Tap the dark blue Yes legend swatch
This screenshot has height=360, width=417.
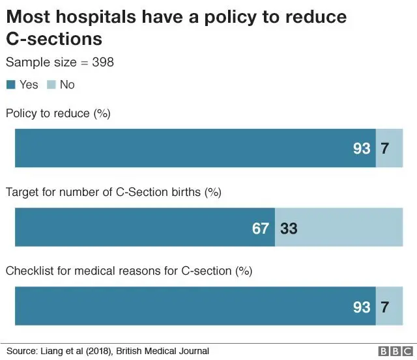point(10,85)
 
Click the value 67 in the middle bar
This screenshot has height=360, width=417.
point(261,228)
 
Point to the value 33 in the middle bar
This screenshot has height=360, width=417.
point(289,228)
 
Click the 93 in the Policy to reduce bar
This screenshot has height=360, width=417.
point(362,148)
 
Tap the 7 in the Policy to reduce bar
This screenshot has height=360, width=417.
point(385,148)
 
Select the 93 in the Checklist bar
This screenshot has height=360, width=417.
point(362,307)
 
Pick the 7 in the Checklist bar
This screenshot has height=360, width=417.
point(385,307)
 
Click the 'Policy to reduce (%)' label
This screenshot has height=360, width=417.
point(58,113)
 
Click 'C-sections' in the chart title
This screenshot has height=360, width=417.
point(54,39)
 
